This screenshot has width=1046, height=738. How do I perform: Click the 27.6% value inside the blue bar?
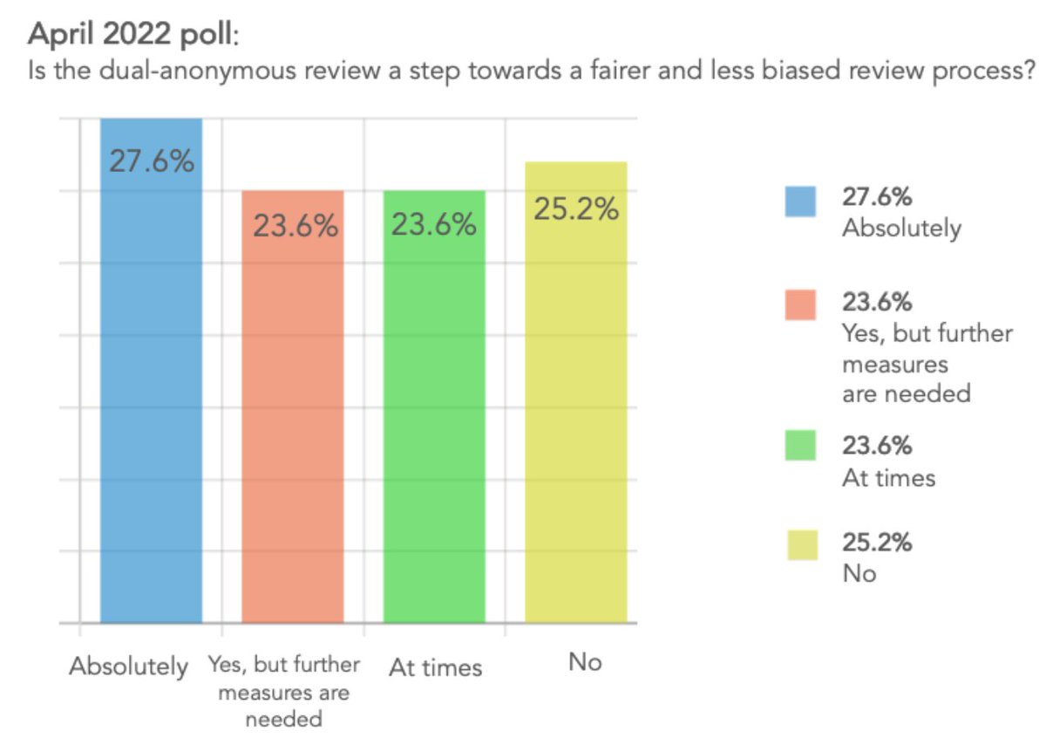coord(152,162)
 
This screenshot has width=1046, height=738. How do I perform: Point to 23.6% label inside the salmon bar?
coord(295,226)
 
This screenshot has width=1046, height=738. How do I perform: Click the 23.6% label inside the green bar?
coord(433,225)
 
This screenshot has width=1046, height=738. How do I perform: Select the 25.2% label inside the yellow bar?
coord(576,209)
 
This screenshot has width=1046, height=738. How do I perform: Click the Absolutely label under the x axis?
coord(129,666)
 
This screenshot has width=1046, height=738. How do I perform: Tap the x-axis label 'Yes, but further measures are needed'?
coord(284,692)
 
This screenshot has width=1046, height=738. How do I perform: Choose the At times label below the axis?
coord(435,668)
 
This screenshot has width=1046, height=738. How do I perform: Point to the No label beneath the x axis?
coord(584,663)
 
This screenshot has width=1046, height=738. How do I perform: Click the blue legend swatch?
coord(801,202)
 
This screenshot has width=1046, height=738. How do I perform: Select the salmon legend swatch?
coord(801,304)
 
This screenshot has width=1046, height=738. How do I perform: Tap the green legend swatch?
coord(801,446)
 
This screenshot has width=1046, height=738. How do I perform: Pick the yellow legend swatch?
coord(801,546)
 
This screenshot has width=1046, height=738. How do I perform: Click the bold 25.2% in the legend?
coord(877,542)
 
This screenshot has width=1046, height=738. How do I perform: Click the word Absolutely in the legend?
coord(901,229)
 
